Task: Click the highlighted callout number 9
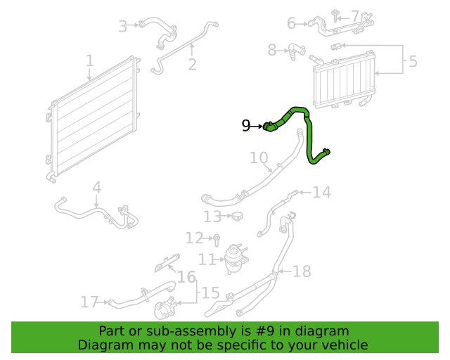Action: click(x=246, y=126)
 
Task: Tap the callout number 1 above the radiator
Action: click(x=90, y=61)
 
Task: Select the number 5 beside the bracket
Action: click(x=413, y=61)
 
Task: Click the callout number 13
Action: click(x=212, y=217)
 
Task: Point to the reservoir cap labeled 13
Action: click(x=237, y=216)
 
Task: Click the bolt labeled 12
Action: click(x=217, y=240)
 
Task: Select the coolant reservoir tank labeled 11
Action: click(x=236, y=259)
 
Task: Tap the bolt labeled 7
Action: click(x=335, y=16)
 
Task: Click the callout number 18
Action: click(x=302, y=271)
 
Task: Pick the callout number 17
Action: click(x=89, y=302)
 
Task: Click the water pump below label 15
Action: click(x=165, y=309)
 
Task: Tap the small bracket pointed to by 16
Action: click(x=167, y=263)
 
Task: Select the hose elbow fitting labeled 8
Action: click(x=296, y=51)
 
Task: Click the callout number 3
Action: click(x=123, y=27)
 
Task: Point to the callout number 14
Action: click(x=322, y=193)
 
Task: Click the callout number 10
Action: click(x=259, y=158)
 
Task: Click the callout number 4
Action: click(x=97, y=188)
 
